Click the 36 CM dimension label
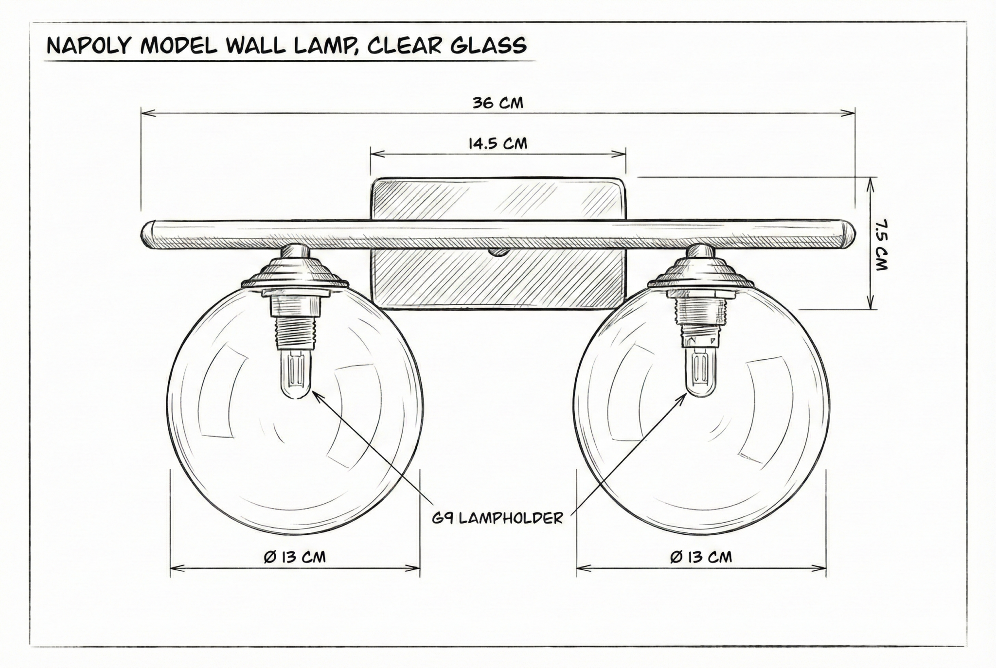(x=498, y=103)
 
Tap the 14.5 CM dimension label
(x=498, y=144)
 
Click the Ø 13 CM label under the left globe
(x=295, y=557)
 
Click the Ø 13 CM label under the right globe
(x=701, y=557)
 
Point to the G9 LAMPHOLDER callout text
(x=498, y=518)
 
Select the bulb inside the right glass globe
(x=701, y=372)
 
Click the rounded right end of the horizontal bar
(x=849, y=234)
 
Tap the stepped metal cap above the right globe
(x=701, y=271)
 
